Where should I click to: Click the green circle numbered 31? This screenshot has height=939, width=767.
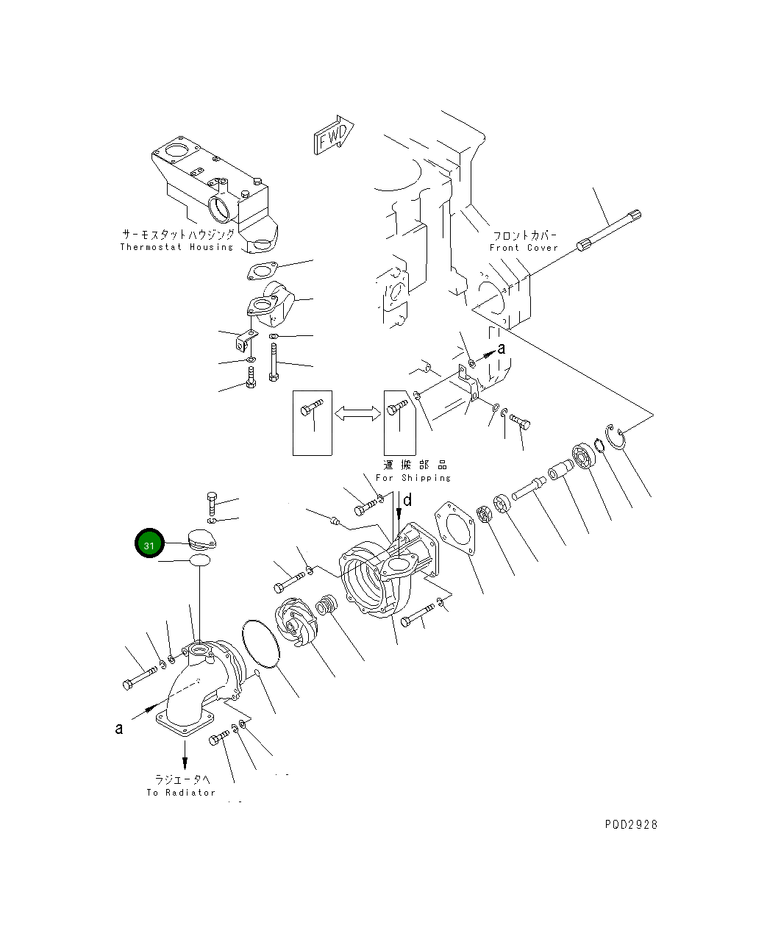pyautogui.click(x=149, y=543)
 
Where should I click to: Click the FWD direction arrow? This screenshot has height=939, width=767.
pyautogui.click(x=334, y=135)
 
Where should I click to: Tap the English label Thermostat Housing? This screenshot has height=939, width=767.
pyautogui.click(x=176, y=247)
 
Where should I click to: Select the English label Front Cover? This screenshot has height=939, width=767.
pyautogui.click(x=524, y=248)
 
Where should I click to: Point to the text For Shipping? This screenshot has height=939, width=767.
pyautogui.click(x=413, y=478)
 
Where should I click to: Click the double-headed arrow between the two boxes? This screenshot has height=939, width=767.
pyautogui.click(x=357, y=414)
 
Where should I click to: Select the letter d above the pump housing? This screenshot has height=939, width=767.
pyautogui.click(x=407, y=501)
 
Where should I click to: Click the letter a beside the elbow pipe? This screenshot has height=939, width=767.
pyautogui.click(x=119, y=729)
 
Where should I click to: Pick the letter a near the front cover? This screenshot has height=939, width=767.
pyautogui.click(x=502, y=349)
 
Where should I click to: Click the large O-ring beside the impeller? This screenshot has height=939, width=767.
pyautogui.click(x=261, y=644)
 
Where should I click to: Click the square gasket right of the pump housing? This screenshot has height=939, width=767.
pyautogui.click(x=454, y=529)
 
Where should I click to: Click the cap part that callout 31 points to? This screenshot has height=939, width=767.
pyautogui.click(x=202, y=538)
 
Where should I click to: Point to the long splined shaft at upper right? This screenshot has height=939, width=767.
pyautogui.click(x=609, y=230)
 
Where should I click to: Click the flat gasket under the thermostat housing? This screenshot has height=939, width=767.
pyautogui.click(x=263, y=271)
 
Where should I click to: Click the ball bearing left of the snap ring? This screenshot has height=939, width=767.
pyautogui.click(x=584, y=456)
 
